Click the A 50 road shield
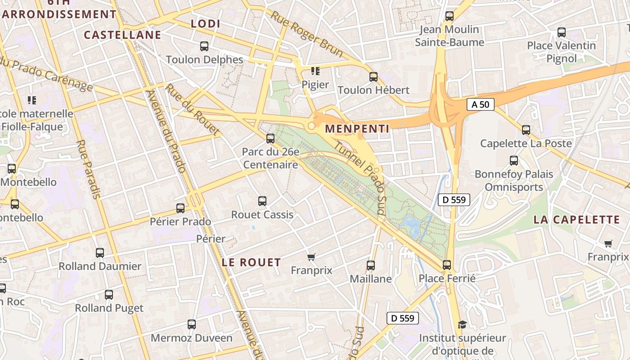click(x=481, y=105)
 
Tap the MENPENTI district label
click(x=357, y=129)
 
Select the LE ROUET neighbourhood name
click(x=252, y=262)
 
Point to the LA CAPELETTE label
click(x=576, y=220)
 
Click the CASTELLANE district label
click(x=122, y=35)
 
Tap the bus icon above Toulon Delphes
click(x=204, y=46)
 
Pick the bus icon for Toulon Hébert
click(x=373, y=77)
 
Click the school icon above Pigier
click(x=315, y=71)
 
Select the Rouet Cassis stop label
click(x=262, y=215)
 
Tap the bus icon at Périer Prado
click(x=180, y=208)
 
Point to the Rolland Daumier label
click(x=100, y=266)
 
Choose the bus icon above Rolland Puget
click(x=109, y=295)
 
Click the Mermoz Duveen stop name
click(x=192, y=337)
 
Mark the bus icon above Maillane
click(x=371, y=265)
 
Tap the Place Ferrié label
click(x=447, y=278)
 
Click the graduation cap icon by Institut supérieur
click(x=462, y=324)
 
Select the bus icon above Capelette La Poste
click(x=526, y=130)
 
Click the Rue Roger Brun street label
click(x=307, y=34)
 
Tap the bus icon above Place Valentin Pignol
click(x=562, y=32)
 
